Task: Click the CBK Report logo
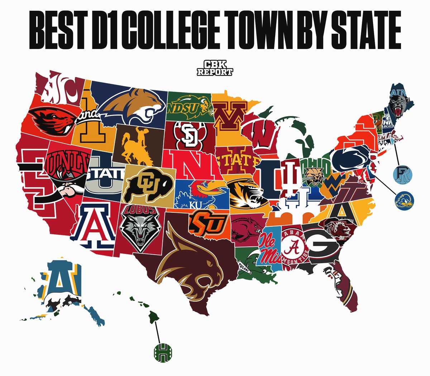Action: (215, 68)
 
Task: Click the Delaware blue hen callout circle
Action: (404, 200)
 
